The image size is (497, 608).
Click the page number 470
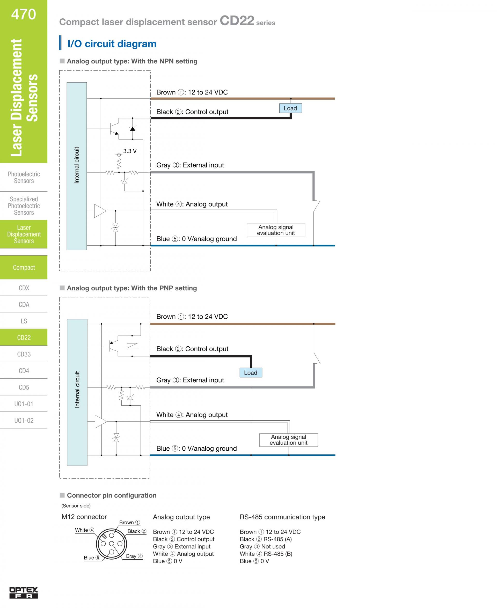coord(24,14)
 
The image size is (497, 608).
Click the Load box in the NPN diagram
coord(290,108)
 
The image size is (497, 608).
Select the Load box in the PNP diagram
coord(251,373)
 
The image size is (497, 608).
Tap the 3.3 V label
coord(130,151)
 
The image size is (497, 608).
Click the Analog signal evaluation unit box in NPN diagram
coord(276,230)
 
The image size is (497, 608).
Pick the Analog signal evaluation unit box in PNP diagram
coord(288,440)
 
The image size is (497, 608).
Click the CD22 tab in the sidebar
coord(24,338)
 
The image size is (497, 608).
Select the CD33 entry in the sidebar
coord(24,354)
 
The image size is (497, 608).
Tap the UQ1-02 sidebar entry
coord(24,421)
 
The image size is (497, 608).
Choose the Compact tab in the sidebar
coord(24,267)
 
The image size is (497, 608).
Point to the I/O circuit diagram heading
coord(112,44)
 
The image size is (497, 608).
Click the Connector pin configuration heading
coord(111,495)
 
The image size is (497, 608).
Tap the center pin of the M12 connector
coord(112,544)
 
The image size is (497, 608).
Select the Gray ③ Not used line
coord(262,546)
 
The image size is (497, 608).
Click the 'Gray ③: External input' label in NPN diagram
coord(190,165)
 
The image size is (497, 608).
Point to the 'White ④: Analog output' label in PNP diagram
coord(192,415)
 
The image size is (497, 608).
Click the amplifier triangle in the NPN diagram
coord(100,211)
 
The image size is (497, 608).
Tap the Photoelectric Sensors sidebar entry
coord(24,178)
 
